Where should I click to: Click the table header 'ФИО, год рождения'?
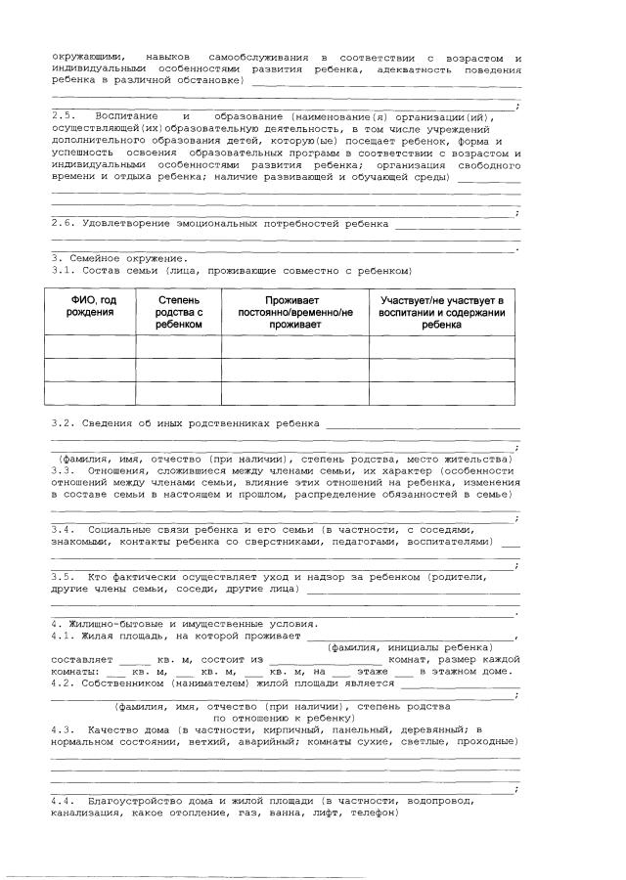tap(90, 305)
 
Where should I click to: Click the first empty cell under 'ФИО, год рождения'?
tap(90, 346)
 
